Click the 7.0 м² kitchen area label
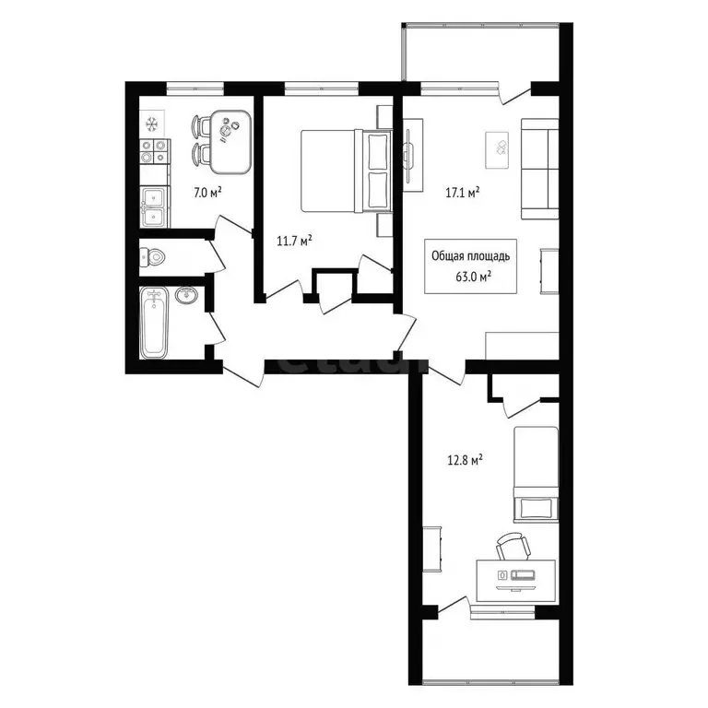coord(207,193)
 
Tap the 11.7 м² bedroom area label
coord(294,241)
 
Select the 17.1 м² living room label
coord(462,193)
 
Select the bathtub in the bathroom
coord(155,324)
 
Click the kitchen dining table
coord(230,141)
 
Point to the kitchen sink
coord(153,206)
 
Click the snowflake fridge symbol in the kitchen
coord(152,123)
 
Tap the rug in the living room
coord(499,146)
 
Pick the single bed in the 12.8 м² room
coord(537,472)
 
